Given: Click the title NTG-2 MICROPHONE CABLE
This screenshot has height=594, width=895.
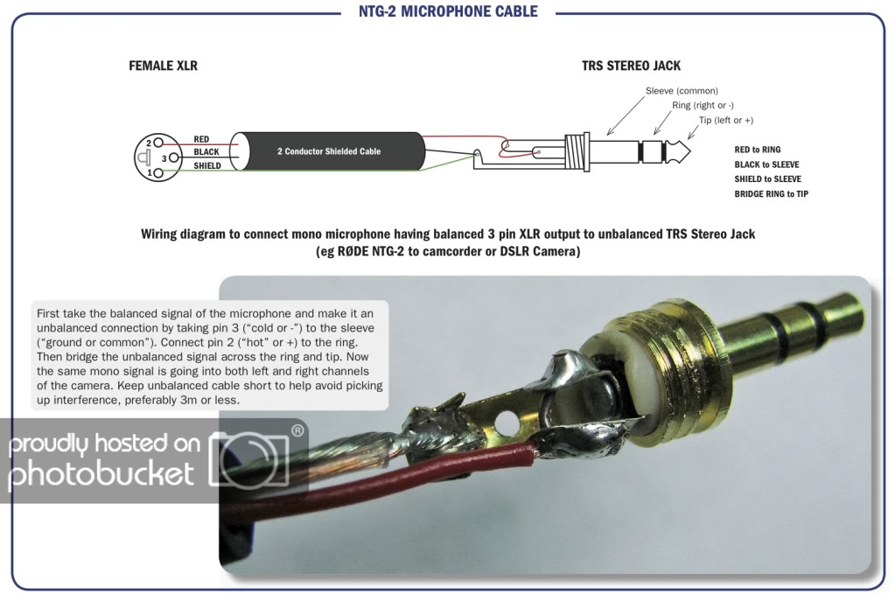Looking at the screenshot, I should click(447, 11).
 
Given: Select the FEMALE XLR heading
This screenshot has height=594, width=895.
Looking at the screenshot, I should click(163, 66).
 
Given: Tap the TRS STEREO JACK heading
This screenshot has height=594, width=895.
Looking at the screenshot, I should click(631, 66).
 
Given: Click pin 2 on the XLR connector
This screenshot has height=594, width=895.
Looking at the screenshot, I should click(150, 143).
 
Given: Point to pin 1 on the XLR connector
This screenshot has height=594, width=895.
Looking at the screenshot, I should click(150, 172).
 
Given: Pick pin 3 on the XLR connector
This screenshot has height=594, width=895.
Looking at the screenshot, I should click(164, 157).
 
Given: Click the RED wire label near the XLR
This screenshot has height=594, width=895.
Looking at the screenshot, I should click(201, 140).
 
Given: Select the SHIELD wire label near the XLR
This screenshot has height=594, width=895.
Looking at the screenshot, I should click(207, 165).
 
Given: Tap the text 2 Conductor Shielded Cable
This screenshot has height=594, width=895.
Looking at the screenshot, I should click(329, 151).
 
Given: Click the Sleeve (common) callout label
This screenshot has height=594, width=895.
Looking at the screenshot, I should click(682, 91).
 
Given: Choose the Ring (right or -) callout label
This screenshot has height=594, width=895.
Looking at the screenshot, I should click(703, 105).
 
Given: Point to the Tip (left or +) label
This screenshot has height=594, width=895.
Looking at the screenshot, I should click(725, 120).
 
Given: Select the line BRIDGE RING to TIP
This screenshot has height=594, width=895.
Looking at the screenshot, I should click(771, 193).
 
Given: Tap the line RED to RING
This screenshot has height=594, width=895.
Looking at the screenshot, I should click(758, 150).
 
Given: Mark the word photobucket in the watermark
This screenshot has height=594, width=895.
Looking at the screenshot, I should click(101, 473).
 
